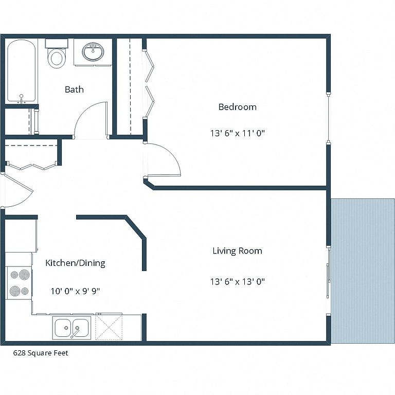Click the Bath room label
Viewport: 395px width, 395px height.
coord(74,89)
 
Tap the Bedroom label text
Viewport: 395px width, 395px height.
coord(237,107)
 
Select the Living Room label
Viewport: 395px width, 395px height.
coord(237,250)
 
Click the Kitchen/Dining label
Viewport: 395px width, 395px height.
coord(75,263)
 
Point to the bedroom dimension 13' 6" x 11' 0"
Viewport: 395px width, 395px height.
coord(238,133)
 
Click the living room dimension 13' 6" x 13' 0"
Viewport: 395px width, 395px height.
coord(238,281)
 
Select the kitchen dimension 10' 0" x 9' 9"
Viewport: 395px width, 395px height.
coord(75,291)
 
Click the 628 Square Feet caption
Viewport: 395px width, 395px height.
coord(41,353)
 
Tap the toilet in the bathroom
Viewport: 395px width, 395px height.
coord(57,53)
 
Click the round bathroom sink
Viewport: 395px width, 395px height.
coord(93,51)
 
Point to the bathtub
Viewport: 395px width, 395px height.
coord(22,71)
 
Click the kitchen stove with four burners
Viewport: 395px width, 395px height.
coord(19,283)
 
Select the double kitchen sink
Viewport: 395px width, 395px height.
coord(72,328)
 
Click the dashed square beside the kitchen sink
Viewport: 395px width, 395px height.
coord(109,327)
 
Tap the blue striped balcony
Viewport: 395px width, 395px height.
coord(363,271)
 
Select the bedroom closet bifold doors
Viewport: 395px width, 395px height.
coord(149,84)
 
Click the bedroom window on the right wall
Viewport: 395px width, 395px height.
coord(328,118)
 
